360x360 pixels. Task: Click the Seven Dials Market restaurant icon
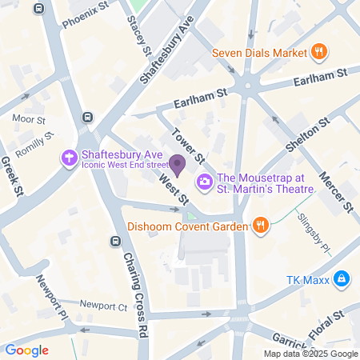[x=319, y=54]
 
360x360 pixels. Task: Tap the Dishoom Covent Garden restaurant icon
[x=259, y=226]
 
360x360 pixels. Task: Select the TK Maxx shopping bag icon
[x=341, y=279]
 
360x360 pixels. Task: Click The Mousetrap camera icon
[x=205, y=182]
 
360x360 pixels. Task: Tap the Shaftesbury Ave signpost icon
[x=70, y=158]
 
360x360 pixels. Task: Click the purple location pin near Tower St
[x=178, y=166]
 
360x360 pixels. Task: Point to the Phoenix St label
[x=86, y=14]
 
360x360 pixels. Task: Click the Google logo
[x=26, y=350]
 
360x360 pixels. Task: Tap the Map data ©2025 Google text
[x=311, y=354]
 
